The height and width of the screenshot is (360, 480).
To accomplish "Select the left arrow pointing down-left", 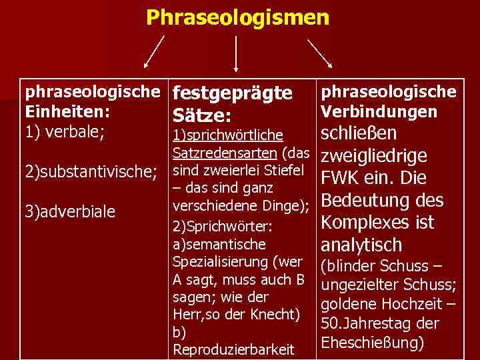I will tap(155, 52).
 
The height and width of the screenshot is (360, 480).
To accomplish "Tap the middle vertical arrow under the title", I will tap(236, 52).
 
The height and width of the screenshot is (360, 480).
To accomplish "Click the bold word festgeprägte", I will tap(232, 93).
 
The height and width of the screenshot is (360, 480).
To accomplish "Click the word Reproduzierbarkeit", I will tap(233, 349).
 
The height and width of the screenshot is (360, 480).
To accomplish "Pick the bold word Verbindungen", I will tap(379, 111).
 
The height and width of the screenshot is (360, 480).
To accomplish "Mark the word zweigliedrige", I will tap(374, 156).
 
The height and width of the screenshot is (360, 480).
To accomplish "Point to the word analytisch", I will tap(362, 245).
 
